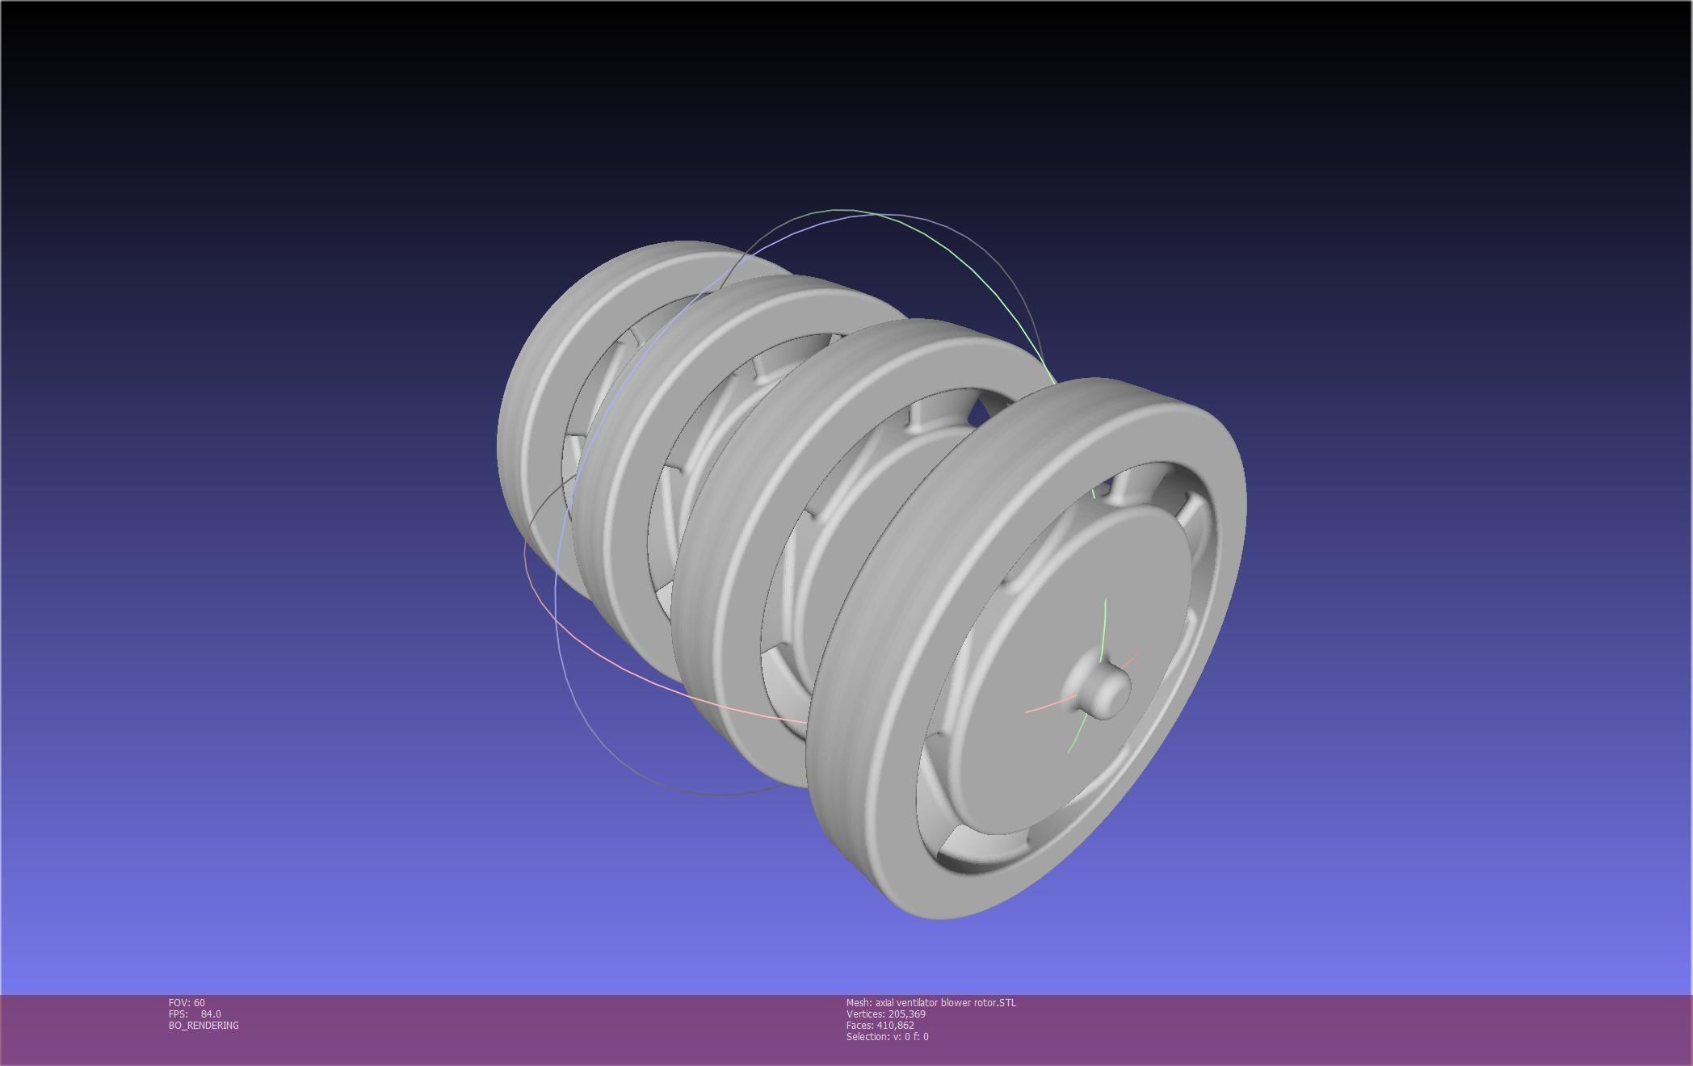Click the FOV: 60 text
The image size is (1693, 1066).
point(187,1002)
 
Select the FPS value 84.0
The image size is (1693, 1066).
point(211,1014)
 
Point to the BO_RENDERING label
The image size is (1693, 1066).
point(204,1025)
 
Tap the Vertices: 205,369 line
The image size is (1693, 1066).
point(885,1014)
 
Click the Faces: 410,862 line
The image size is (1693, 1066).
point(880,1025)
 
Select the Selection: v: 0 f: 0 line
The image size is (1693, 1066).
point(887,1036)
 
